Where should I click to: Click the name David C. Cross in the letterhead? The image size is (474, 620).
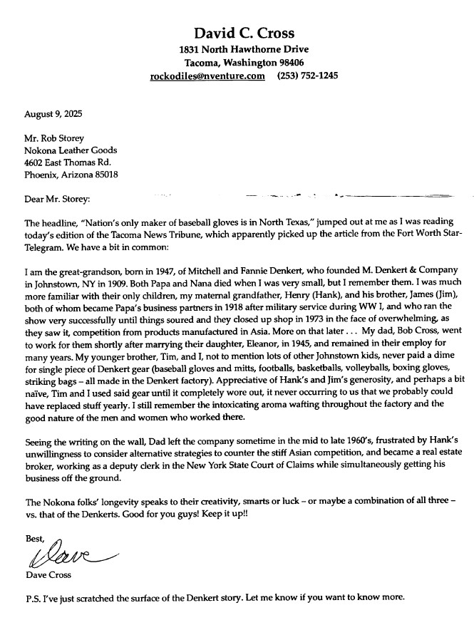(244, 33)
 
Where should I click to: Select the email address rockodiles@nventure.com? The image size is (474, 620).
(207, 76)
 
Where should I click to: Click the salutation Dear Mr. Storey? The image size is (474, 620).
(58, 198)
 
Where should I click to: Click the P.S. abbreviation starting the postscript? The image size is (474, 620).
(32, 598)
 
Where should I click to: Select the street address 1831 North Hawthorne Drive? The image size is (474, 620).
(244, 50)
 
